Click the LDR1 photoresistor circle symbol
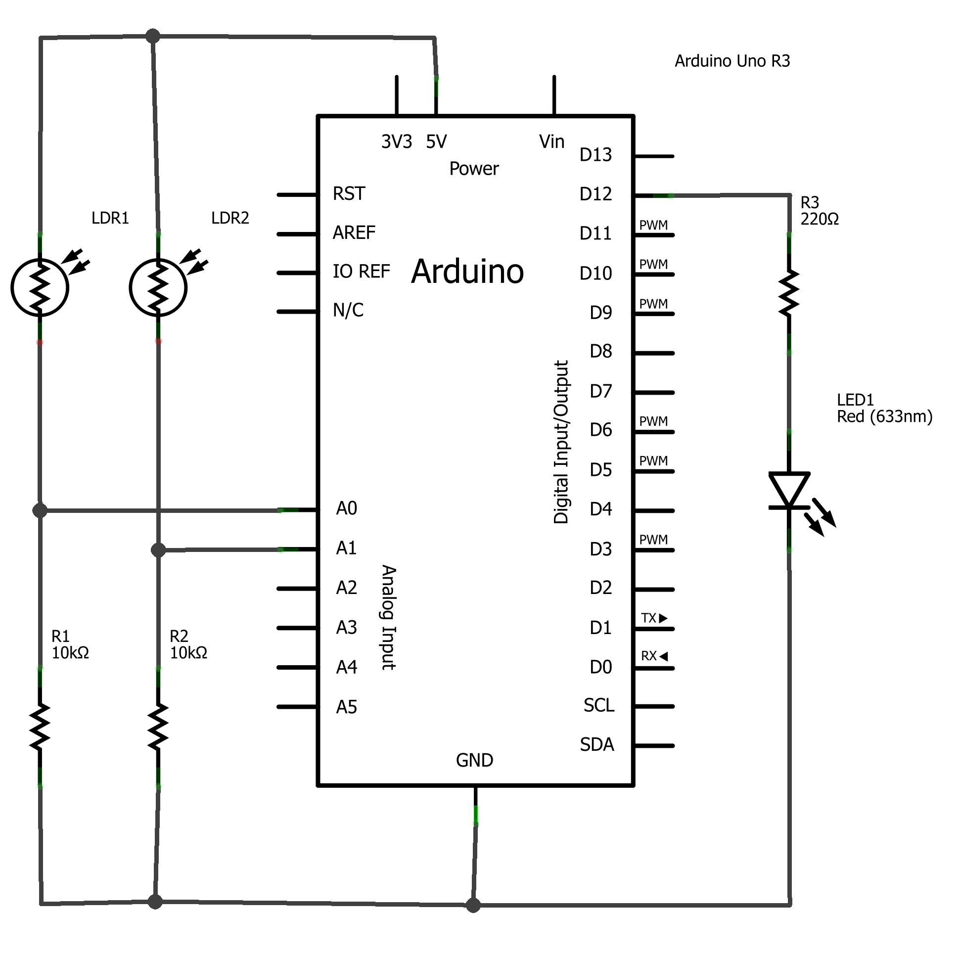point(40,287)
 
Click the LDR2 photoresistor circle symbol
point(158,287)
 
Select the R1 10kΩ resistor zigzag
point(40,727)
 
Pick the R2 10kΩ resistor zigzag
point(158,727)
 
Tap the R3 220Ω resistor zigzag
point(788,293)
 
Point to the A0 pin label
point(346,508)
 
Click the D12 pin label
point(595,194)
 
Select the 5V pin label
point(436,141)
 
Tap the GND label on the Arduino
point(474,760)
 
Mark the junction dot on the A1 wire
point(158,550)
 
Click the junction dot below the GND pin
point(473,905)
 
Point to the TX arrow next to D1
point(663,618)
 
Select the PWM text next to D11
point(653,225)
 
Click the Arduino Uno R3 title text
point(732,61)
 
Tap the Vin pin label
point(551,141)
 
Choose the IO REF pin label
point(361,272)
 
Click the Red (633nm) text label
point(884,416)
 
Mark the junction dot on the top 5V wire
point(153,36)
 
